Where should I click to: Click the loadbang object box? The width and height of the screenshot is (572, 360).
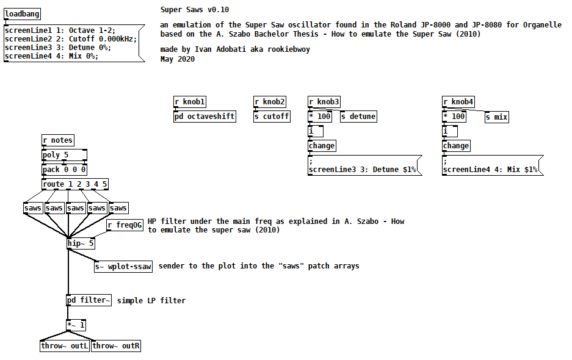pyautogui.click(x=23, y=14)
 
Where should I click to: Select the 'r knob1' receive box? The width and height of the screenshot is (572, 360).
pyautogui.click(x=190, y=102)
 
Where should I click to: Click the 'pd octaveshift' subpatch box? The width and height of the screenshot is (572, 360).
pyautogui.click(x=205, y=117)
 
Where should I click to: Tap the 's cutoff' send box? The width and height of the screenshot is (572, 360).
pyautogui.click(x=272, y=117)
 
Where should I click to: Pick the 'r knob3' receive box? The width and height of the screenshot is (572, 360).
pyautogui.click(x=324, y=102)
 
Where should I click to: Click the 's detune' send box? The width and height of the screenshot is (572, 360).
pyautogui.click(x=358, y=117)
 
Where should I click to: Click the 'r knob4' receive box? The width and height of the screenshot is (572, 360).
pyautogui.click(x=458, y=102)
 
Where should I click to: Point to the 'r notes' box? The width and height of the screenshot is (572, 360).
pyautogui.click(x=57, y=140)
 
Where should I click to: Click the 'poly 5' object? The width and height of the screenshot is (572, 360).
pyautogui.click(x=64, y=155)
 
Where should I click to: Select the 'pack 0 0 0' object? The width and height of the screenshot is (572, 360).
pyautogui.click(x=64, y=170)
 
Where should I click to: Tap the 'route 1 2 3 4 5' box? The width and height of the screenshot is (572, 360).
pyautogui.click(x=75, y=184)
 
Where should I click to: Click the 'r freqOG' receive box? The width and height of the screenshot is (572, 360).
pyautogui.click(x=125, y=226)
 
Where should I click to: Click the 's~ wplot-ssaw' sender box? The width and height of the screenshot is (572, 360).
pyautogui.click(x=123, y=267)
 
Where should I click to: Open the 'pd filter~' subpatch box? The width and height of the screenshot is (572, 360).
pyautogui.click(x=89, y=300)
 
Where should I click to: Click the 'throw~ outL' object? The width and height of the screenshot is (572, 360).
pyautogui.click(x=65, y=346)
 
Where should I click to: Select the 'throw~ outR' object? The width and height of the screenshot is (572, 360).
pyautogui.click(x=116, y=346)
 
